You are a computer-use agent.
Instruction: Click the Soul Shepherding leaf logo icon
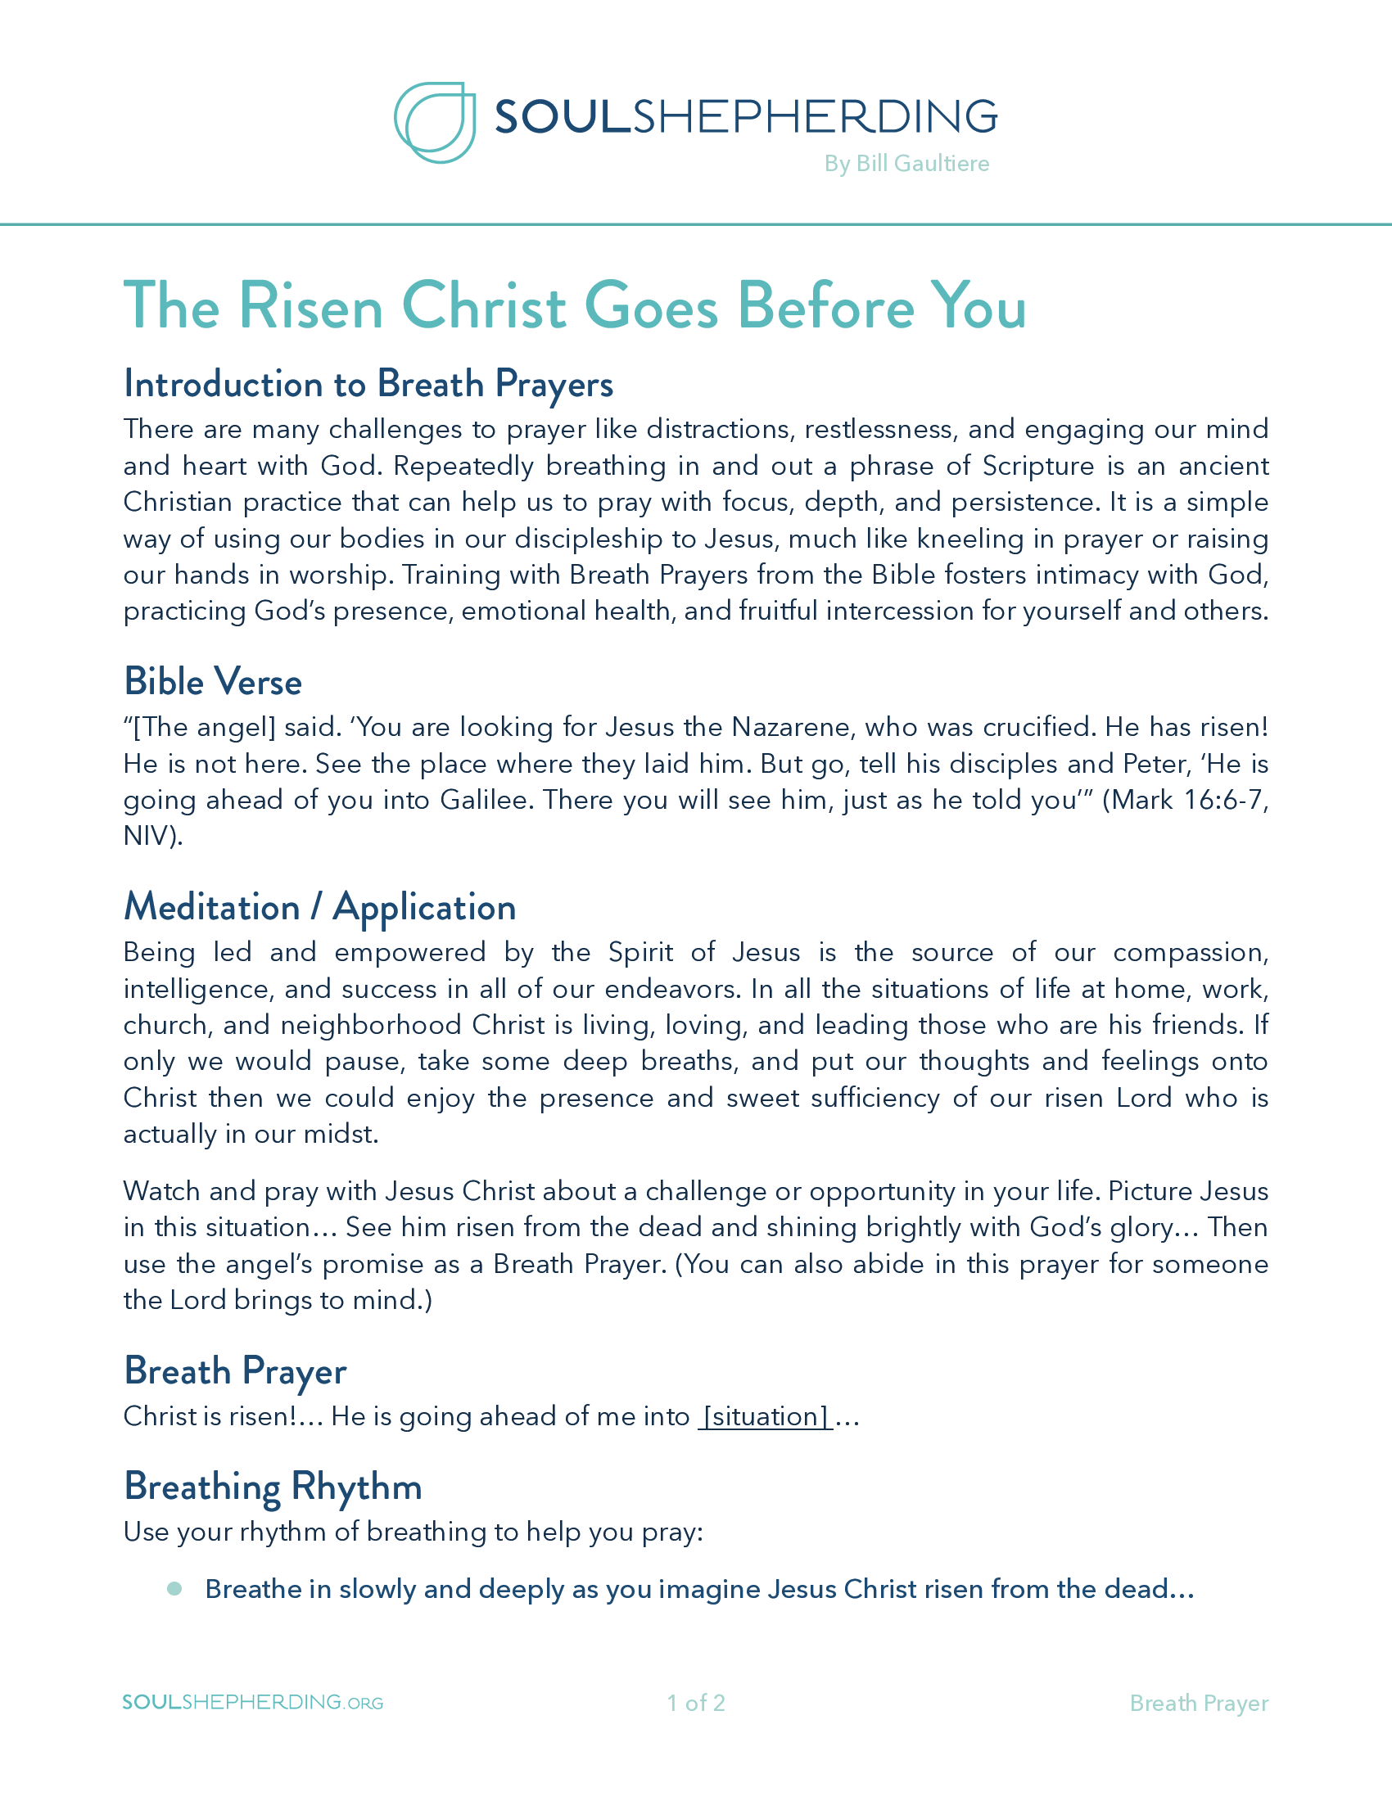pos(435,122)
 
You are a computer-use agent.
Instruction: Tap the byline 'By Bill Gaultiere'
pos(906,163)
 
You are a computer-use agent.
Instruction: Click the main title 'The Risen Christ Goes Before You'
pos(575,306)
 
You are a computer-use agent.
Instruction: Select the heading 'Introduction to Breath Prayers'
pos(368,384)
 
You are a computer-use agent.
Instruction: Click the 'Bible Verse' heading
pos(213,682)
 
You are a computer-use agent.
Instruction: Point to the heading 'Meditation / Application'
pos(320,907)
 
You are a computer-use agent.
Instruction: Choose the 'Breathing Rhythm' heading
pos(273,1487)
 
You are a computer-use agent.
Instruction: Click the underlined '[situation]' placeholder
pos(766,1417)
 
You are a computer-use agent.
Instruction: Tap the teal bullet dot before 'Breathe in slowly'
pos(174,1589)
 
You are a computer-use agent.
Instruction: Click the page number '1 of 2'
pos(695,1703)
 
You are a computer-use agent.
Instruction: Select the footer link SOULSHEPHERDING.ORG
pos(252,1703)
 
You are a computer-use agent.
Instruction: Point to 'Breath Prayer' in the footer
pos(1198,1703)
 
